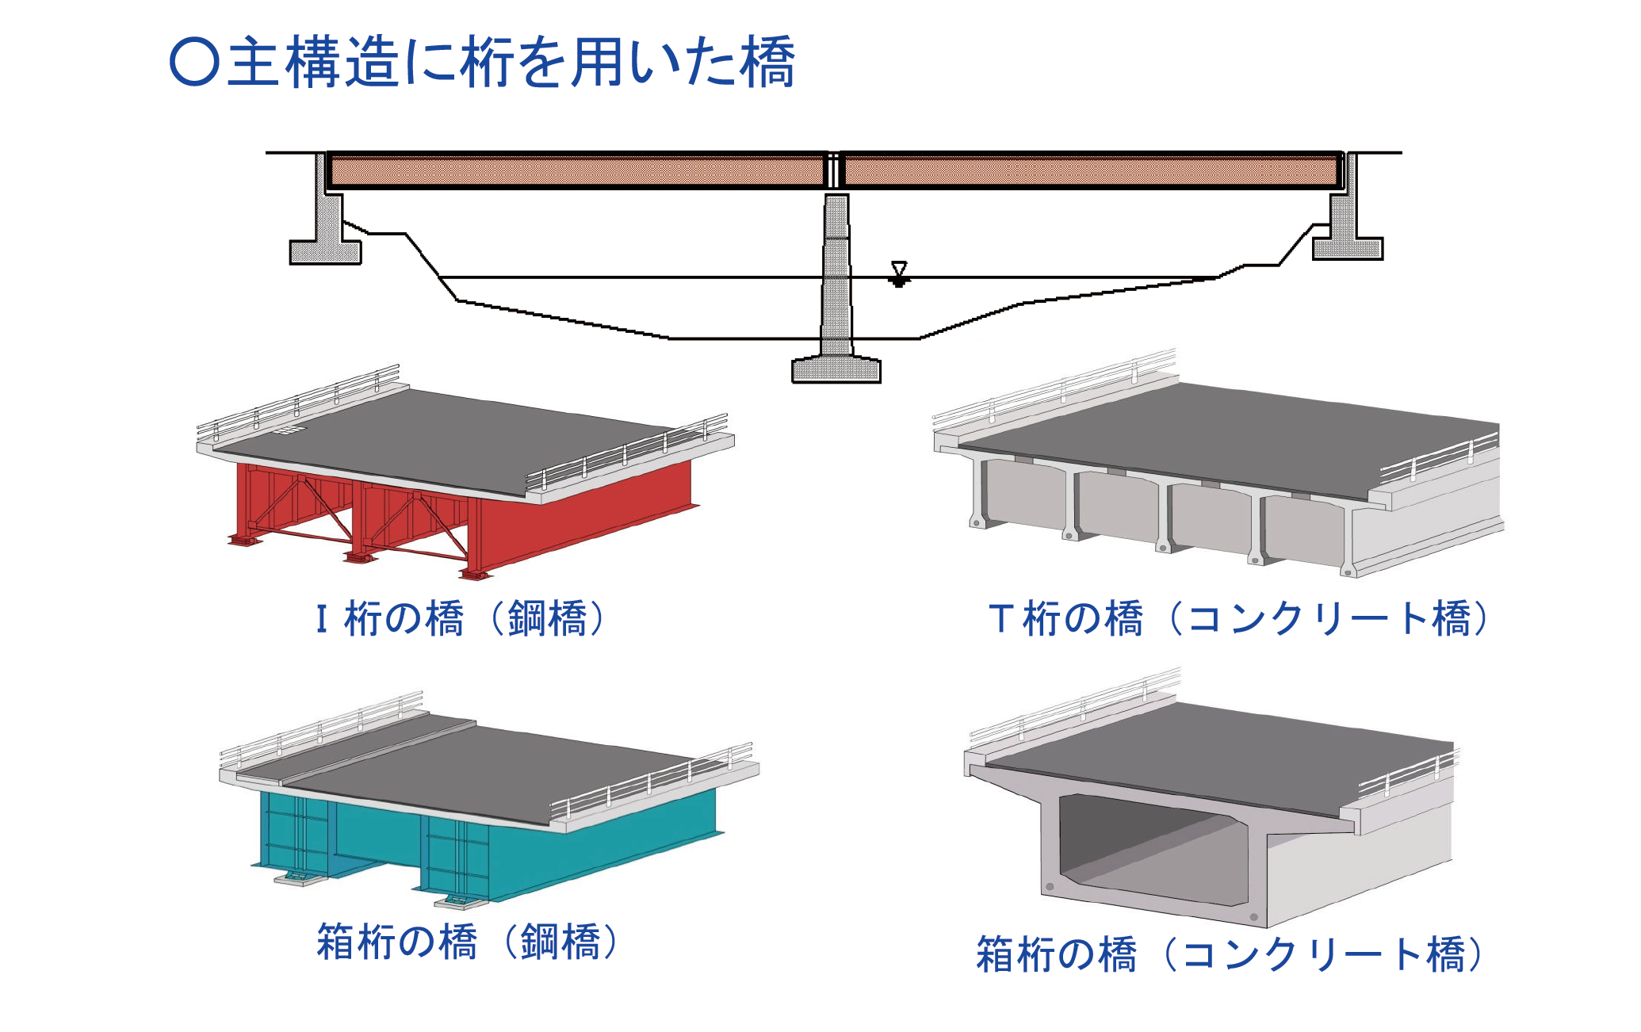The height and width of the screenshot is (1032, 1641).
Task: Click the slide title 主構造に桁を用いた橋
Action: point(511,62)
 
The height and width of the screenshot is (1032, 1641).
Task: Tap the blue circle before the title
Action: point(194,63)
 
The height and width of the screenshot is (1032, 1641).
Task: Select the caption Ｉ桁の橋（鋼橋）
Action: point(460,619)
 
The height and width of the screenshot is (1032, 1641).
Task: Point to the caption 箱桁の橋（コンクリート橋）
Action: point(1229,954)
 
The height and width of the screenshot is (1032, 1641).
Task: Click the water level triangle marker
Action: point(898,269)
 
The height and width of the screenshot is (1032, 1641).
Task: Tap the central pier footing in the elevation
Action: point(836,371)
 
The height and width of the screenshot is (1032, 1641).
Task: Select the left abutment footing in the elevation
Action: point(325,252)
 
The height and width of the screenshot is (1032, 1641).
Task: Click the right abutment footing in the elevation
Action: point(1347,248)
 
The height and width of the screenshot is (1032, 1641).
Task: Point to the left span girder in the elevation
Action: point(576,170)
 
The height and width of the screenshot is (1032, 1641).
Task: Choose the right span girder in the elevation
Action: point(1091,170)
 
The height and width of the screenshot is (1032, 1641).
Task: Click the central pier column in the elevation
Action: point(836,269)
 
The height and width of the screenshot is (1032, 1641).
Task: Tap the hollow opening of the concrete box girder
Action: point(1149,848)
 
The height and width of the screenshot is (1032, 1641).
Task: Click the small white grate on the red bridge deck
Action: point(289,431)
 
